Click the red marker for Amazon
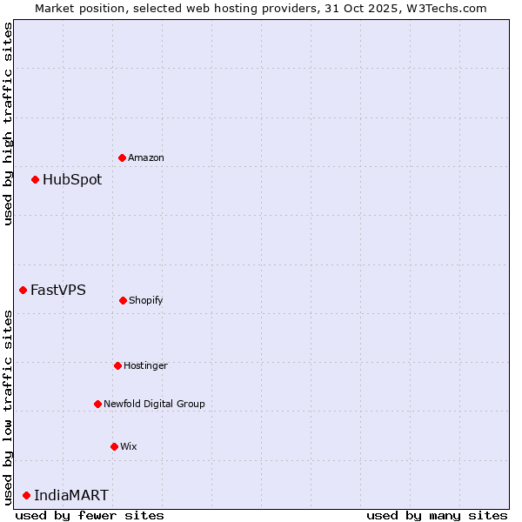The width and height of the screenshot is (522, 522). [x=122, y=157]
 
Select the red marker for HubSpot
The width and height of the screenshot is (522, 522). [x=35, y=179]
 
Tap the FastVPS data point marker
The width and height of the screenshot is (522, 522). [x=23, y=290]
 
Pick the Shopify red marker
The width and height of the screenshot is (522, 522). [x=123, y=300]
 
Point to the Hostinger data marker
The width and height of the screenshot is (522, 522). [x=117, y=365]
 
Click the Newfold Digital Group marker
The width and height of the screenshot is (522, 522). [x=97, y=404]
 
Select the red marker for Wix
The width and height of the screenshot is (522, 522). [x=114, y=446]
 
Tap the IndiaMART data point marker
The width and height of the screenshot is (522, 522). [x=26, y=495]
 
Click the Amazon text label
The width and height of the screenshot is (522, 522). [x=146, y=157]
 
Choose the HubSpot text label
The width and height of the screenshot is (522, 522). [x=72, y=180]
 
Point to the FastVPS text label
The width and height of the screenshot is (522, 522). [x=58, y=291]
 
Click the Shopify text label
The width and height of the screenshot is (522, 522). [x=146, y=300]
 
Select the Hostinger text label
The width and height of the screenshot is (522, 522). [x=145, y=365]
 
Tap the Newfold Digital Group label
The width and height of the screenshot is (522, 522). [x=154, y=404]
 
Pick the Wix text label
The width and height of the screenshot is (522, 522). [x=129, y=446]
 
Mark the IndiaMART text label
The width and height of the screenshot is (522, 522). [x=71, y=496]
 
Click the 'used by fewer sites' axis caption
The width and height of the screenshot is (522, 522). [x=90, y=515]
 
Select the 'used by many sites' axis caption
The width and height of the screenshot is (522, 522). [x=437, y=515]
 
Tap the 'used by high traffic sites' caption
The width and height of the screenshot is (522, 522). [x=8, y=124]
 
